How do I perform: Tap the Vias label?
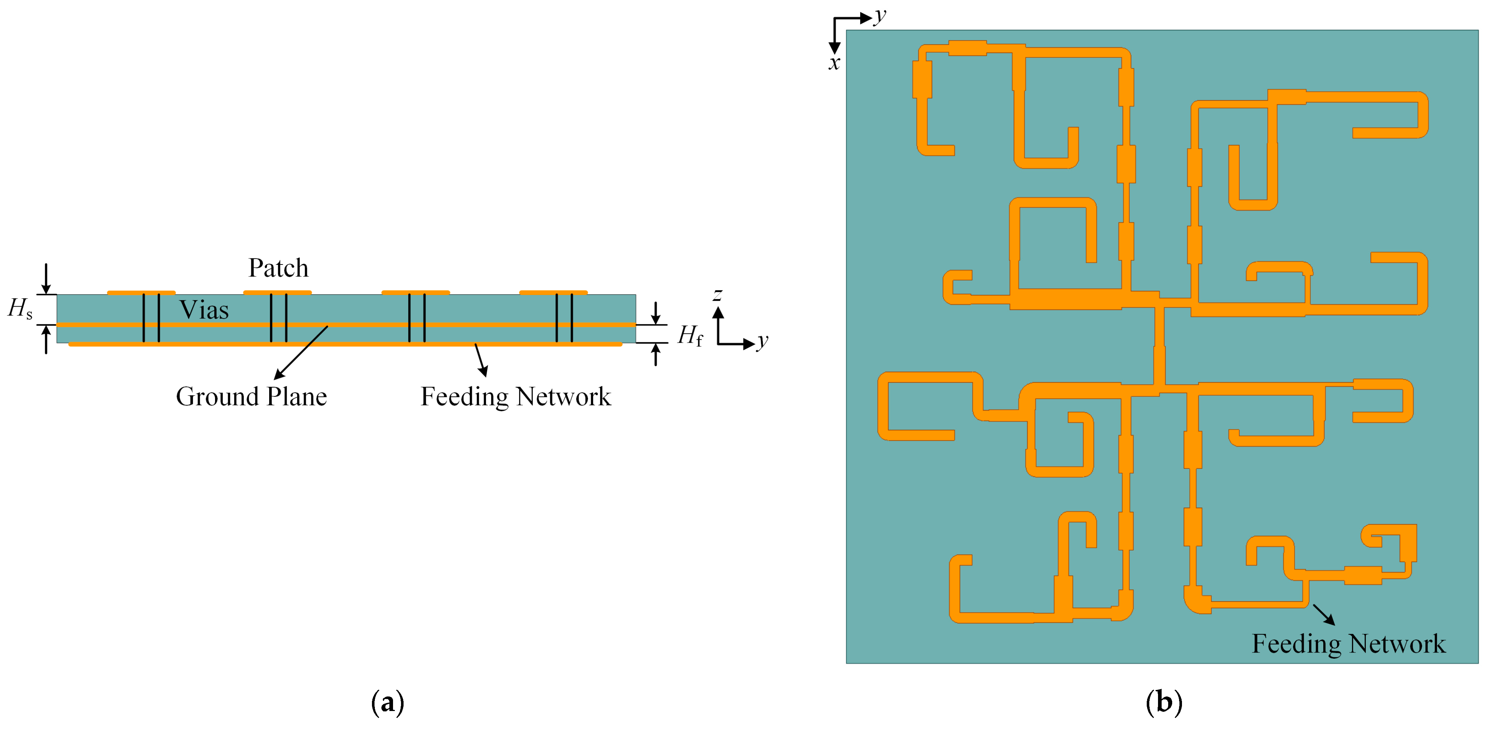click(204, 310)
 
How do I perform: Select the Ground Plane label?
click(251, 397)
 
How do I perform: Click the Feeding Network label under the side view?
click(515, 397)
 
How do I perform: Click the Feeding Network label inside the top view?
click(1348, 644)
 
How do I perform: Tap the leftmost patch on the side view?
click(141, 292)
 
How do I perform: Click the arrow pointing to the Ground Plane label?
click(301, 353)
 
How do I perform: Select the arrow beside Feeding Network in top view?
click(1323, 614)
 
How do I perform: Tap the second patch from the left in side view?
click(277, 292)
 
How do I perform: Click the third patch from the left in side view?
click(415, 292)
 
